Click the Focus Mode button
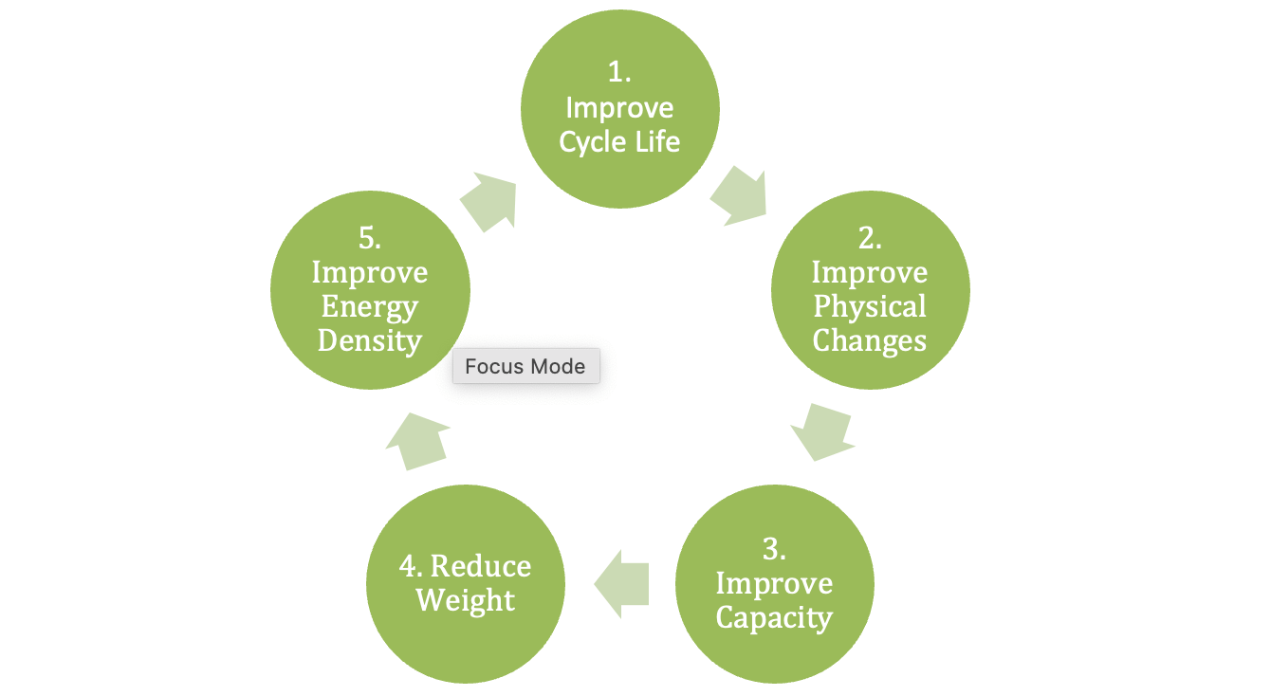coord(525,367)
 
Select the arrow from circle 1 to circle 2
coord(738,196)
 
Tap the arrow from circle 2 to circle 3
coord(822,430)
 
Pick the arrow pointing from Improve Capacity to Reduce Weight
coord(622,583)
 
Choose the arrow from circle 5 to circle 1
coord(488,201)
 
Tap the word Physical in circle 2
coord(870,306)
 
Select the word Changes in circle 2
coord(870,339)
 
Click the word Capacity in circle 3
coord(774,617)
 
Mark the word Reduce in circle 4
coord(481,566)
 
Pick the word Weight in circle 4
coord(466,600)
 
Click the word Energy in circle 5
coord(370,306)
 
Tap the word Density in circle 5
coord(370,339)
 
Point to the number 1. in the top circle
coord(619,74)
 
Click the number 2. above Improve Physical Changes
coord(870,239)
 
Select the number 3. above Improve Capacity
coord(774,549)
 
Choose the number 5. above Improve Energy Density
coord(370,239)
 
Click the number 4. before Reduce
coord(412,566)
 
